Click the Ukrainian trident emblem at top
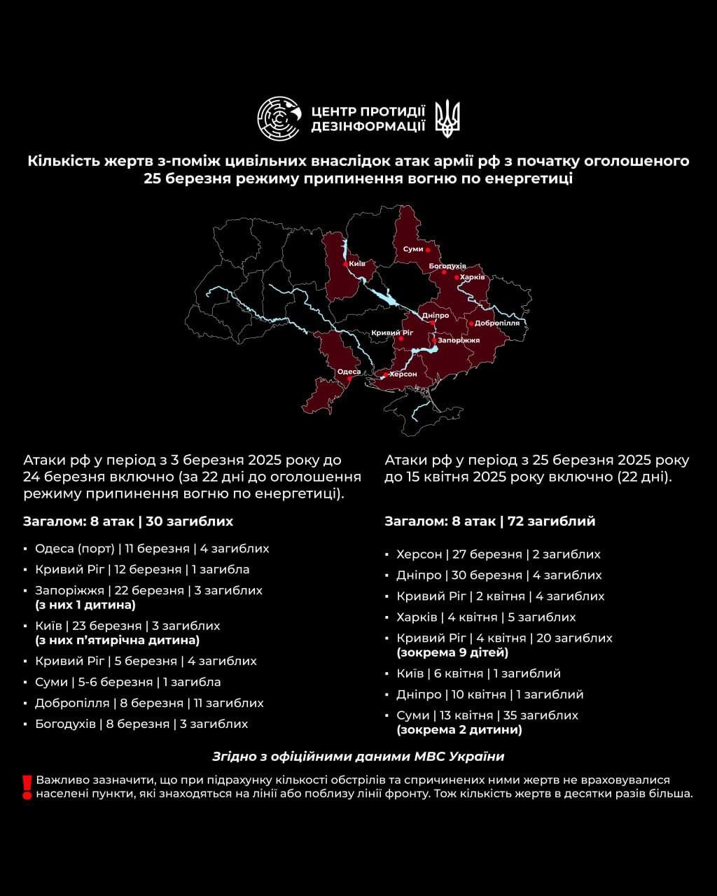pos(447,118)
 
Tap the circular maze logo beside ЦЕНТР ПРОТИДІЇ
pos(279,119)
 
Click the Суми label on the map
pos(413,249)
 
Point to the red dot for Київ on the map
pos(345,264)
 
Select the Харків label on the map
pos(473,277)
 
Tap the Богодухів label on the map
pos(447,266)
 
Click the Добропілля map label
pos(497,323)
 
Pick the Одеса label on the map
pos(349,372)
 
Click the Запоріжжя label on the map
pos(459,340)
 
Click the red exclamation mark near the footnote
pos(27,787)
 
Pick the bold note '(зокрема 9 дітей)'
pos(452,652)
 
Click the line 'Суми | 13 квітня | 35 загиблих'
pos(487,715)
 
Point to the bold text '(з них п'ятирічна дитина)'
pos(118,640)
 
